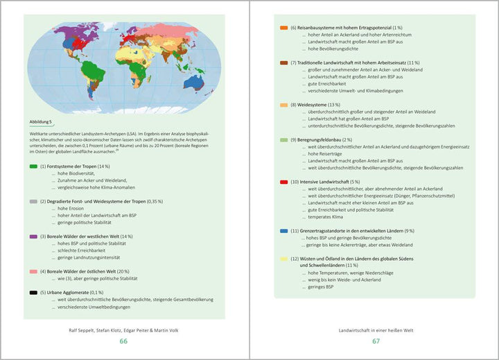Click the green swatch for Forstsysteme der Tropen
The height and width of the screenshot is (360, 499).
pos(33,166)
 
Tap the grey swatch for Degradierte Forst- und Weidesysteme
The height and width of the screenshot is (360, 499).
pos(33,201)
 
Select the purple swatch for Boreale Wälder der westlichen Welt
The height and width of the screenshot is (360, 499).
pos(33,237)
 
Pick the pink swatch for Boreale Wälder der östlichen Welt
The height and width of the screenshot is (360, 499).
pos(33,271)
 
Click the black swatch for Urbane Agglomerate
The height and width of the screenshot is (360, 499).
pos(33,293)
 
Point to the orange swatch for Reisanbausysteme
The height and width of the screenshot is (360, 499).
pos(283,28)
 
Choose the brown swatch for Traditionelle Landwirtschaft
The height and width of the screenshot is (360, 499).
pos(283,63)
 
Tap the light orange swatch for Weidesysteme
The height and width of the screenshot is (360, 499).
pos(283,105)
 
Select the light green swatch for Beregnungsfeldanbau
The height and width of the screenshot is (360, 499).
pos(283,139)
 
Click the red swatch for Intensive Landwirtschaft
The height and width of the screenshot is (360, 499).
pos(283,182)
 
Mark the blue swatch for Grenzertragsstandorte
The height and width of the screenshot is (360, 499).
pos(283,230)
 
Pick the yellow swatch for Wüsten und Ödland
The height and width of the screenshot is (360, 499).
pos(283,258)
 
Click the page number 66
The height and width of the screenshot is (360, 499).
pos(124,341)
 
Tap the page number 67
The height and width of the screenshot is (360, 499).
pos(376,341)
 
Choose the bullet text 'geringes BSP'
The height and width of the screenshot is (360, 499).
pos(320,286)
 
